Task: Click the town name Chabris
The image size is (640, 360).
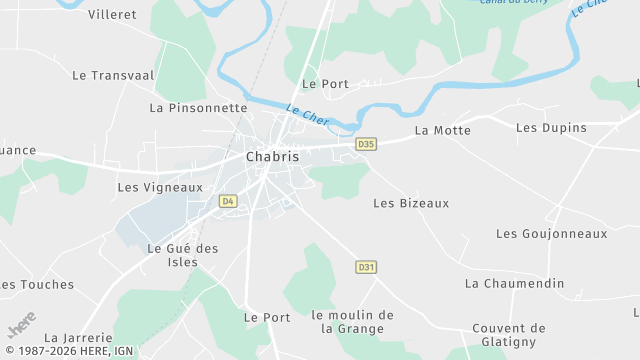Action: click(x=272, y=157)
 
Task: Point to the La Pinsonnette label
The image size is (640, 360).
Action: click(x=198, y=107)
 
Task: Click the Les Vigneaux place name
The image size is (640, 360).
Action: click(x=160, y=187)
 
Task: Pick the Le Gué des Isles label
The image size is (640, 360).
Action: click(x=182, y=255)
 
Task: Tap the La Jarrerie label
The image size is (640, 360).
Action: click(x=75, y=338)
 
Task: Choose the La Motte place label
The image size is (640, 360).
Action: click(x=442, y=130)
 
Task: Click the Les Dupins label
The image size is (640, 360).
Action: click(x=551, y=128)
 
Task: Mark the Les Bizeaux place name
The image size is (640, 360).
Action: click(x=411, y=203)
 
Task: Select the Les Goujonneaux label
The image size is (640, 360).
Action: click(x=552, y=234)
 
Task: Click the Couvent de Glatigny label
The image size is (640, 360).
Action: click(x=509, y=335)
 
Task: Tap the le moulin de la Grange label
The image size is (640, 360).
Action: click(x=352, y=321)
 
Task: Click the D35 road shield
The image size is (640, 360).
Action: click(x=366, y=144)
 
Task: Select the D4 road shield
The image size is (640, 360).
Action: click(x=228, y=201)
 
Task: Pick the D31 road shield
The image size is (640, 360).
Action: click(x=366, y=267)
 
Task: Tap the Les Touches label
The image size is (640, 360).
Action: click(x=38, y=285)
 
